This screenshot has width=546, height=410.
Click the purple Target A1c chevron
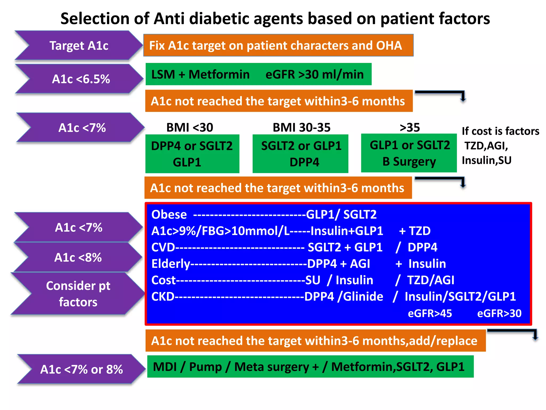[79, 45]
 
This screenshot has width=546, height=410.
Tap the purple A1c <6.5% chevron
[81, 79]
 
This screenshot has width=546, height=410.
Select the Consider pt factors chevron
[78, 294]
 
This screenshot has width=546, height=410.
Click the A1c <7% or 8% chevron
[81, 369]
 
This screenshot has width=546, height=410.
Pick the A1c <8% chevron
[78, 258]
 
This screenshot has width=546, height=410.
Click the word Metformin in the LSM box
[219, 74]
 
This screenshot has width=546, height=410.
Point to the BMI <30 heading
[190, 127]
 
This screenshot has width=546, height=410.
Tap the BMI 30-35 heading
[302, 127]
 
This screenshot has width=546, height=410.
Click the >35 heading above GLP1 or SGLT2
[410, 127]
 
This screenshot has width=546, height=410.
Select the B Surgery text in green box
[409, 161]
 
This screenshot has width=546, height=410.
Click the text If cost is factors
[500, 131]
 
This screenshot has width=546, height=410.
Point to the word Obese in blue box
[169, 215]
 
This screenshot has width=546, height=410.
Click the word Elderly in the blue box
[171, 264]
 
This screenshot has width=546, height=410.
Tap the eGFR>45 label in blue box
[430, 313]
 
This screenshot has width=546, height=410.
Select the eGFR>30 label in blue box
[499, 313]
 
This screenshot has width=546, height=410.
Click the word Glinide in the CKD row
[363, 297]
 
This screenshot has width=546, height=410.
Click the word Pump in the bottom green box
[205, 367]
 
